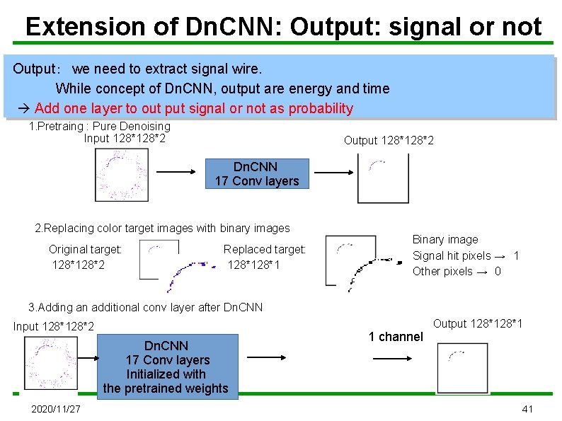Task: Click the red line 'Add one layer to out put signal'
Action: click(193, 108)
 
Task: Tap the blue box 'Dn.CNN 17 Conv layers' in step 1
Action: click(257, 174)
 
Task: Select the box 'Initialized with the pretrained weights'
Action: click(166, 367)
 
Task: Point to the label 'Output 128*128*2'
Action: click(389, 141)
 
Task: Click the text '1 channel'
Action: click(395, 337)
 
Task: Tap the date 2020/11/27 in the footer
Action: click(56, 410)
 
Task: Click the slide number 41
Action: click(527, 410)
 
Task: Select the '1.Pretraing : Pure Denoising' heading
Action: click(99, 126)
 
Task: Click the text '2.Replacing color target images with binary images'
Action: click(162, 228)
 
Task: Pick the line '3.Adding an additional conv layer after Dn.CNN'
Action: click(145, 307)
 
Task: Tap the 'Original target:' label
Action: click(85, 249)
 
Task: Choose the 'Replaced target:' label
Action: click(265, 249)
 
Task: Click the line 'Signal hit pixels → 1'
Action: click(466, 255)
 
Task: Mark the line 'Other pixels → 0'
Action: click(457, 271)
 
